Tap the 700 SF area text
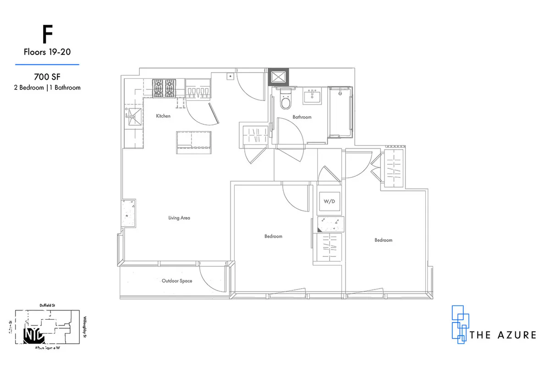(x=47, y=77)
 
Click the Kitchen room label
(x=163, y=116)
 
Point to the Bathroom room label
(x=302, y=117)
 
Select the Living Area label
(x=179, y=218)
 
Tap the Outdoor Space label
(x=177, y=281)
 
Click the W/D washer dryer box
(x=329, y=202)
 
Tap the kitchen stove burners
(x=164, y=88)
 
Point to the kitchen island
(x=195, y=140)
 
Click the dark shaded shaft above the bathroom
(x=279, y=77)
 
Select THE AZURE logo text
(x=503, y=335)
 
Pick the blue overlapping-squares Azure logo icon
(x=459, y=324)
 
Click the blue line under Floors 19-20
(x=47, y=65)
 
